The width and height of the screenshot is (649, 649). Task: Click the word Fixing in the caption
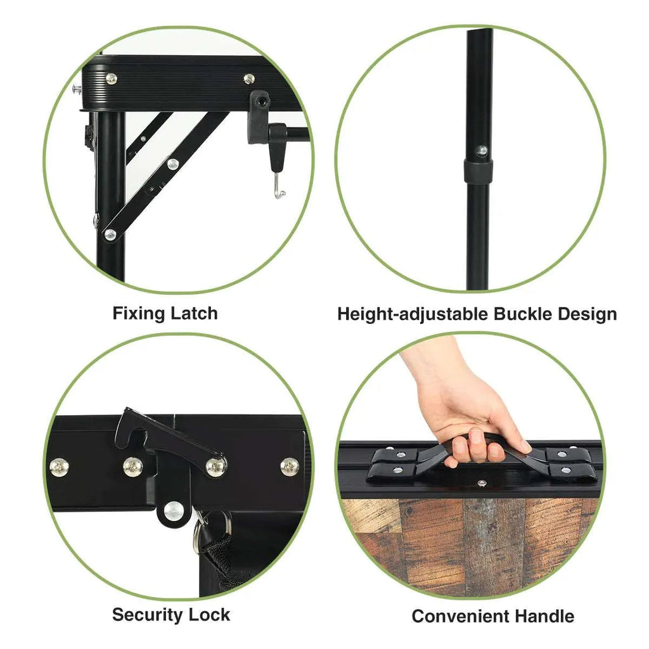(x=139, y=314)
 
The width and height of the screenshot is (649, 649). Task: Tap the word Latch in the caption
(x=194, y=313)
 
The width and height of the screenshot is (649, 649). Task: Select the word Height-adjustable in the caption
(x=413, y=314)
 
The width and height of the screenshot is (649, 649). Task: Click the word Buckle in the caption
(x=523, y=314)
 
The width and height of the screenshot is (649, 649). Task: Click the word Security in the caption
(x=147, y=615)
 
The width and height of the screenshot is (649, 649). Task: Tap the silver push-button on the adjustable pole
(x=481, y=151)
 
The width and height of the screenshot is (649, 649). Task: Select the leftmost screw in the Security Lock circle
(x=59, y=467)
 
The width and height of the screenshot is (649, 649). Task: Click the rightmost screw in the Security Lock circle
(x=290, y=466)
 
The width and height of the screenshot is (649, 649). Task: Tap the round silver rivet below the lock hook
(x=174, y=511)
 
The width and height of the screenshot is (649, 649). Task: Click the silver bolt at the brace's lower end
(x=110, y=235)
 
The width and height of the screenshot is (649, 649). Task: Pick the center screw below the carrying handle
(x=481, y=482)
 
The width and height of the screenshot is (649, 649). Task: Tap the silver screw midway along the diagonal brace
(x=173, y=164)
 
